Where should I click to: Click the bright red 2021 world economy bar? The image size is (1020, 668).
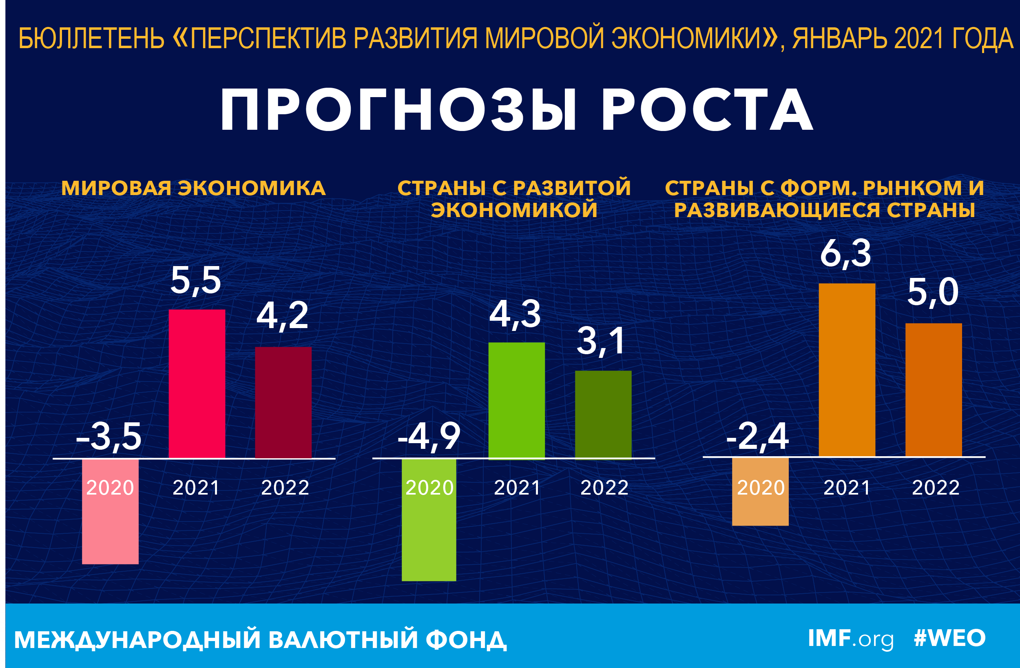tap(197, 383)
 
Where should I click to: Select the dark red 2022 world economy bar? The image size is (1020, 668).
tap(283, 402)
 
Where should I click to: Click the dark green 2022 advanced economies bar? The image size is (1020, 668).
tap(603, 414)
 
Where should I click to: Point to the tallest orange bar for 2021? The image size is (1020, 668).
tap(847, 370)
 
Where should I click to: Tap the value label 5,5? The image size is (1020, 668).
tap(196, 280)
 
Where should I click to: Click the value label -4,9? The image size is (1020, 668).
tap(429, 437)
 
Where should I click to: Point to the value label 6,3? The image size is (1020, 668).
tap(845, 253)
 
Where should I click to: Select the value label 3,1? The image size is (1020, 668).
tap(601, 341)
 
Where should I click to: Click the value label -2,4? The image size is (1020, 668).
tap(757, 437)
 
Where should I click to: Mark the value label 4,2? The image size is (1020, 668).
tap(283, 316)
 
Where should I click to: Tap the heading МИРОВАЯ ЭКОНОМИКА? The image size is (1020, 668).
tap(193, 188)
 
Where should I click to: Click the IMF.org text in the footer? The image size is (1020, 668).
tap(851, 639)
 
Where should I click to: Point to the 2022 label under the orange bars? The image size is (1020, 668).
tap(936, 488)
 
